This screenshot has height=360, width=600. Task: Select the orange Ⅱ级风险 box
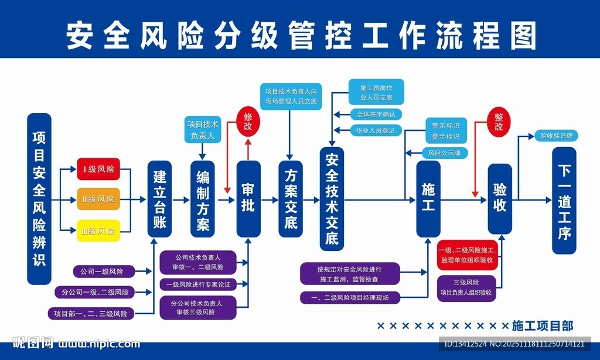(x=98, y=199)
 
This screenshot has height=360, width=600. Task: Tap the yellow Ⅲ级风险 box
(x=98, y=230)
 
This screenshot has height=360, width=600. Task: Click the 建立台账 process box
(x=160, y=199)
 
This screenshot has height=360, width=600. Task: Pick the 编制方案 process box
(x=203, y=199)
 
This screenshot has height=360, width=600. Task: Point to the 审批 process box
(x=248, y=199)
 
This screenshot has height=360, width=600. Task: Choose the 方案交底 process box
(x=291, y=199)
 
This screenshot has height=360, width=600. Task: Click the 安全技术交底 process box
(x=332, y=199)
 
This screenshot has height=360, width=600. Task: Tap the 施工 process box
(x=428, y=199)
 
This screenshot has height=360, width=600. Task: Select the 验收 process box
(x=500, y=199)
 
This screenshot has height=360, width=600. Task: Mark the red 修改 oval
(x=248, y=121)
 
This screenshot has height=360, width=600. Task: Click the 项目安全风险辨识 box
(x=39, y=199)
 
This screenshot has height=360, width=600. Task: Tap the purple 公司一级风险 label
(x=103, y=271)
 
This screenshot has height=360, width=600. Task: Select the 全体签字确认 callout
(x=376, y=114)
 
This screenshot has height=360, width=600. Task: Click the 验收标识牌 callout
(x=556, y=136)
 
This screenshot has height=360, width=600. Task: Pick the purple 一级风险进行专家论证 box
(x=198, y=284)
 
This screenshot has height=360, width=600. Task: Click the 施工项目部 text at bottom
(x=542, y=325)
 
